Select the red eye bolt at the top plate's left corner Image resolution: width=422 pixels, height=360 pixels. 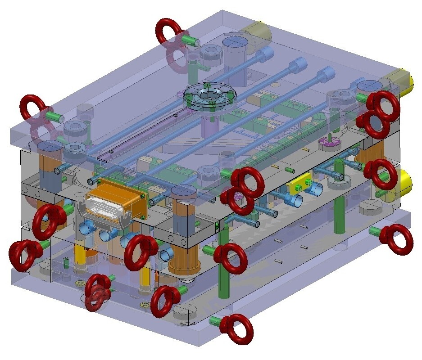click(x=32, y=107)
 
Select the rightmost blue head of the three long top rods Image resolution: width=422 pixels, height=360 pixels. click(x=327, y=72)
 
